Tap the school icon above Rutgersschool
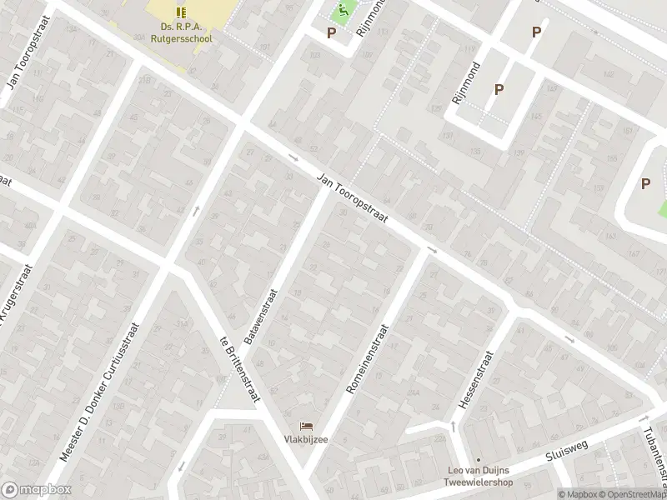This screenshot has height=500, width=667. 181,12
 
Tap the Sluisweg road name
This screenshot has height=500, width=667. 567,450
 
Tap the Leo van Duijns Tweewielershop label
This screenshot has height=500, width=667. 480,476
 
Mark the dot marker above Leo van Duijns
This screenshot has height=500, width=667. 479,459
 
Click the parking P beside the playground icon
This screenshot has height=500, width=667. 332,33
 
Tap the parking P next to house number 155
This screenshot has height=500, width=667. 645,184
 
